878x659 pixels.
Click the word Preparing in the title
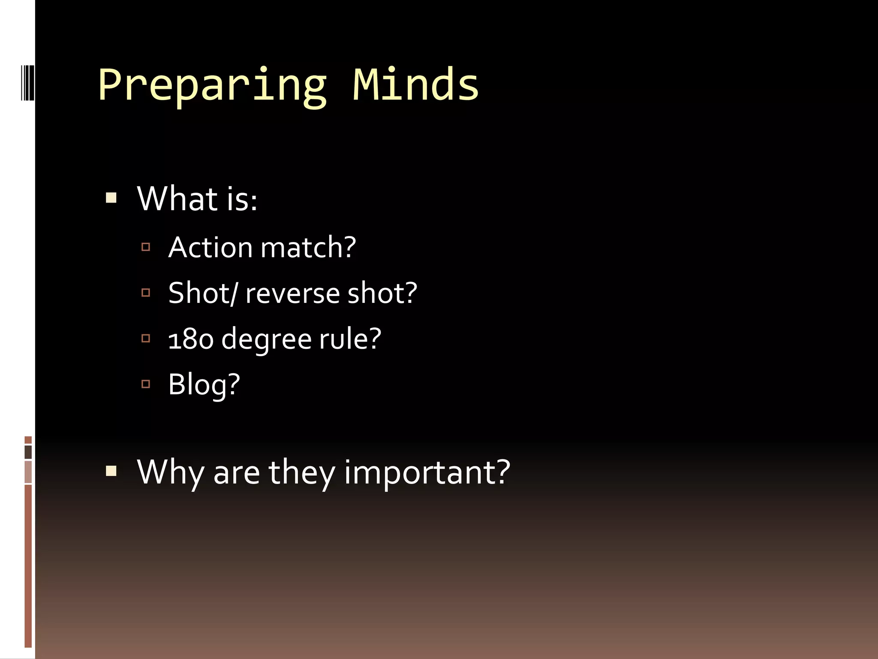click(212, 85)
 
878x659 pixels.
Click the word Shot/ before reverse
click(202, 293)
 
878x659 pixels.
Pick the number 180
click(190, 339)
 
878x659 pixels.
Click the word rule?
click(350, 339)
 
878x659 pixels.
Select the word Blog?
click(204, 384)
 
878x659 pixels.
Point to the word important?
click(427, 472)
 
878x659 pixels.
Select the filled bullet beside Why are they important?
click(111, 472)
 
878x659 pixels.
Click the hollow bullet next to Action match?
click(146, 247)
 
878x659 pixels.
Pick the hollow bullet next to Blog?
click(146, 384)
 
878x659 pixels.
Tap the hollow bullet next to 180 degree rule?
click(146, 338)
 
